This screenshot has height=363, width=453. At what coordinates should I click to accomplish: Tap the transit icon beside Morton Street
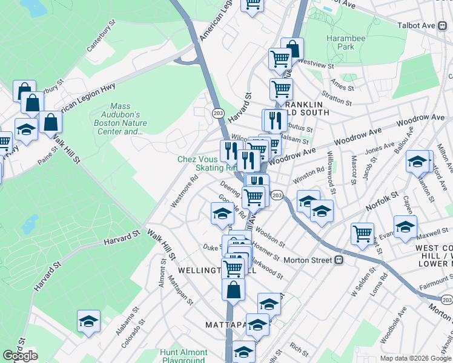(339, 260)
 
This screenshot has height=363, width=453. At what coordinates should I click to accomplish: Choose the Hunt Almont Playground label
(184, 356)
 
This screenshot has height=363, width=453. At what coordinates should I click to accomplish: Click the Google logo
(20, 356)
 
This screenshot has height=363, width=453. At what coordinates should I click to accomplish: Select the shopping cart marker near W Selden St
(362, 232)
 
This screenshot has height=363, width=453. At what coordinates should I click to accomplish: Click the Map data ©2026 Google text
(415, 358)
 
